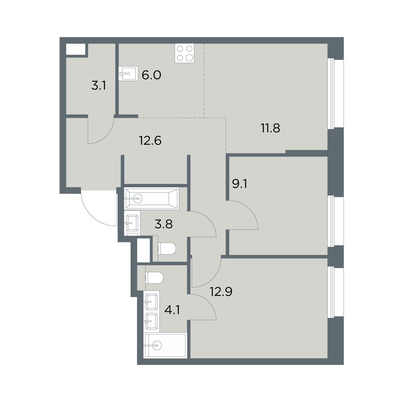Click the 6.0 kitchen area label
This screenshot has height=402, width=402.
(x=151, y=75)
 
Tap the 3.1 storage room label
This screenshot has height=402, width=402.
(x=99, y=85)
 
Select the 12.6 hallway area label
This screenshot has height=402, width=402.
(x=150, y=141)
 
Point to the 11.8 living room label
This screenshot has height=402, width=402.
(x=270, y=128)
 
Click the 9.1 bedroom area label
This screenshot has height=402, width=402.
(x=240, y=184)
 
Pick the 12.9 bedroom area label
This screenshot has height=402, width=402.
(x=221, y=291)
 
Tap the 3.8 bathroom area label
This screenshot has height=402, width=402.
(x=164, y=224)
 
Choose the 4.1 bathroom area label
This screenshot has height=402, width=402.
(x=172, y=310)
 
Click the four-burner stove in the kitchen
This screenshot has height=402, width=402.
(x=184, y=53)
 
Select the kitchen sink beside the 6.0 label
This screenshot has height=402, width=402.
(x=128, y=73)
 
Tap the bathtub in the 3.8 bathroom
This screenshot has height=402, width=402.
(x=152, y=198)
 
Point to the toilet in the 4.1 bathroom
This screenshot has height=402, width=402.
(x=154, y=278)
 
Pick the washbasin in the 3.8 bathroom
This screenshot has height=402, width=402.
(x=132, y=223)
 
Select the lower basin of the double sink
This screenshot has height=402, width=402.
(x=151, y=321)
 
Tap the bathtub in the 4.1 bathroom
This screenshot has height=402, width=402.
(x=165, y=346)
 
